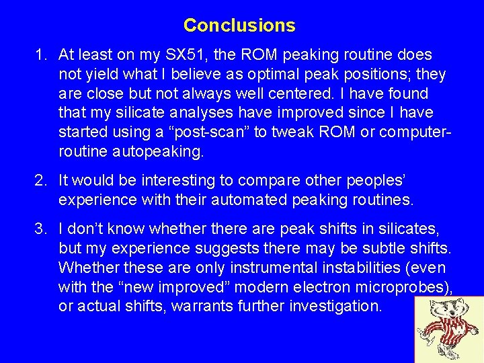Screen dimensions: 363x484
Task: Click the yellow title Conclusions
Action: pos(239,26)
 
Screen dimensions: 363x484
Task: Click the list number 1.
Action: pos(40,54)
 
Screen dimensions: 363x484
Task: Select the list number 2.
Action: pos(40,181)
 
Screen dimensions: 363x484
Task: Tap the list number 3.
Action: pos(40,229)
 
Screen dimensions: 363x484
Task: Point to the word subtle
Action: pos(386,249)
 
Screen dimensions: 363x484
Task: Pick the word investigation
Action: pos(341,307)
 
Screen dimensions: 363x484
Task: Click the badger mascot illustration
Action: pos(448,329)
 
